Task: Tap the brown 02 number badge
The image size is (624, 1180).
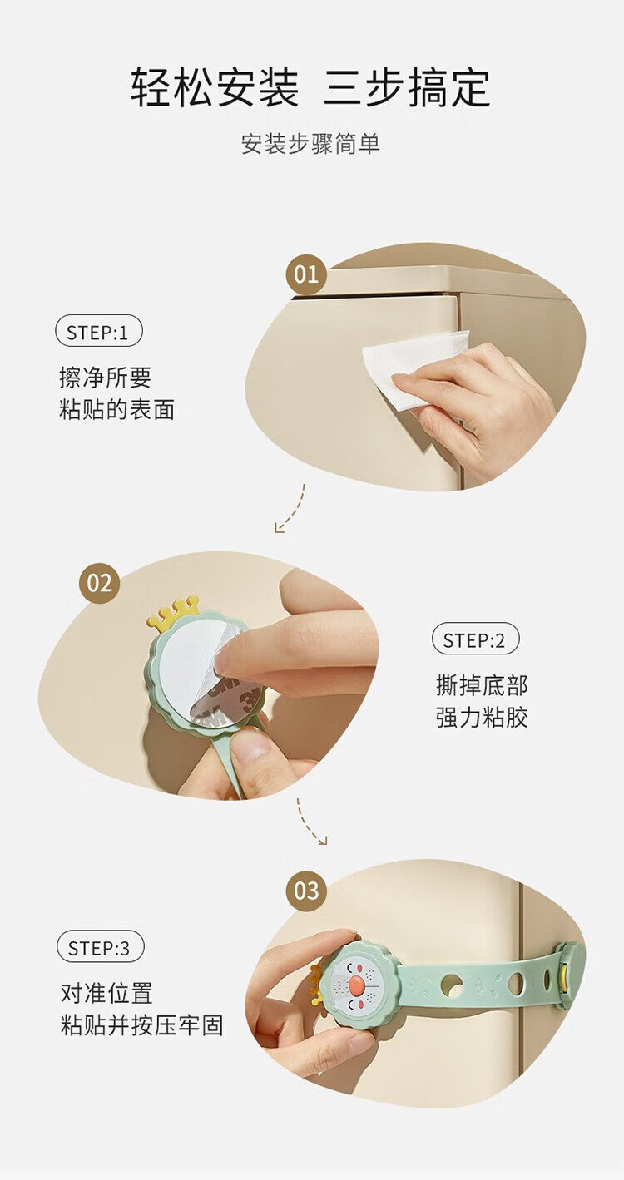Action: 100,584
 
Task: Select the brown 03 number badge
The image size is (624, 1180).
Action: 307,891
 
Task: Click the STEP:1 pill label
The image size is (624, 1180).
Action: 98,333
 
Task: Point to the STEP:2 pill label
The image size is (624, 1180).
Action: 475,640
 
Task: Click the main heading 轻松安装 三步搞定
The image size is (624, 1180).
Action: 311,86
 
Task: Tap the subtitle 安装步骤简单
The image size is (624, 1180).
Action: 311,144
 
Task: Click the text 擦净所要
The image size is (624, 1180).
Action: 106,378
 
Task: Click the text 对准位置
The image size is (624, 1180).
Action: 106,993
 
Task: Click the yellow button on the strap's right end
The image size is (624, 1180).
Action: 565,970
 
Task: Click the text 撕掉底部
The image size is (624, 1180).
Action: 482,685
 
